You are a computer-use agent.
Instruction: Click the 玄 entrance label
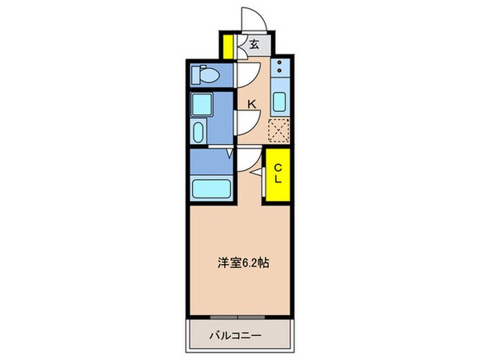click(x=254, y=45)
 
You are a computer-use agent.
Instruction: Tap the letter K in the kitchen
click(x=251, y=103)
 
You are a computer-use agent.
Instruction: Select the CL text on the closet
click(x=278, y=174)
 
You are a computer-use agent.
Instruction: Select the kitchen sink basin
click(x=280, y=102)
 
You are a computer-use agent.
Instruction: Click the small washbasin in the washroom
click(x=198, y=131)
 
